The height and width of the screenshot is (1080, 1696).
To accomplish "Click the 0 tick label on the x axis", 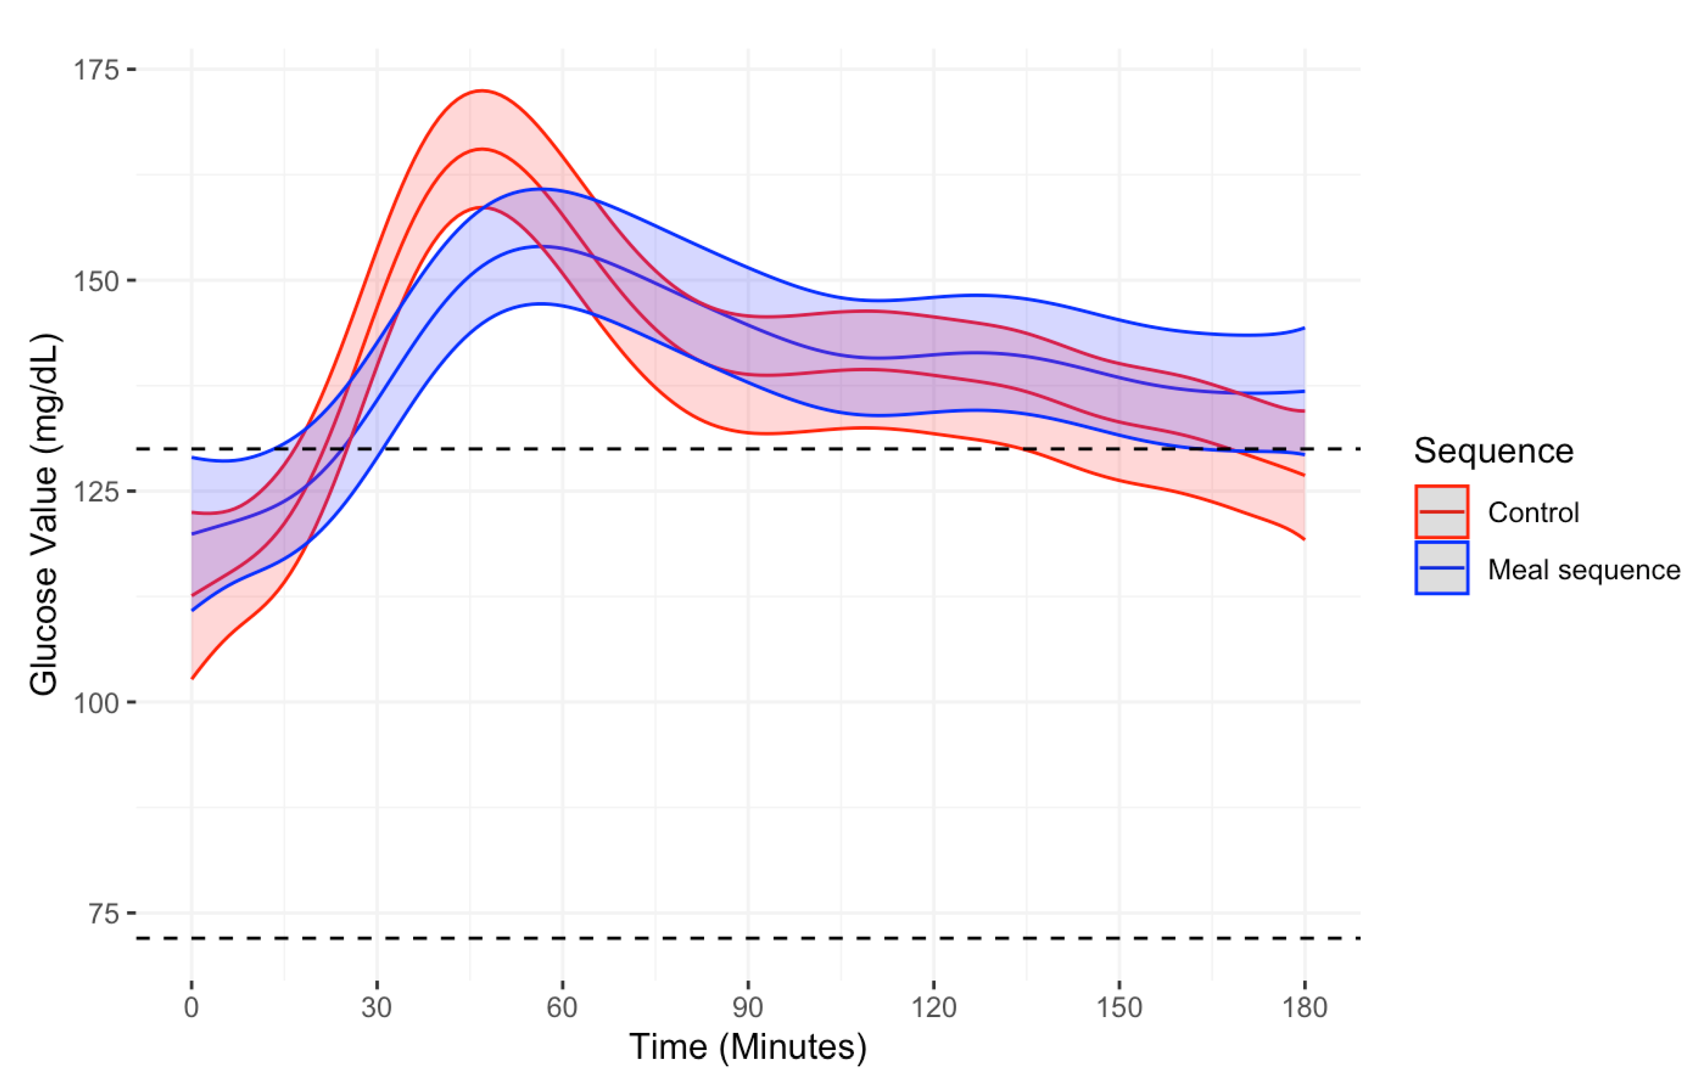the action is click(x=192, y=1007).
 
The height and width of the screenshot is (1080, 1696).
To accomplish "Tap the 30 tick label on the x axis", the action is click(x=377, y=1007).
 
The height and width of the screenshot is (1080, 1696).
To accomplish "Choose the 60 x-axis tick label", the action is click(x=562, y=1007).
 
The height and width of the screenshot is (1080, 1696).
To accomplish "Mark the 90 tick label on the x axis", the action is click(x=748, y=1007).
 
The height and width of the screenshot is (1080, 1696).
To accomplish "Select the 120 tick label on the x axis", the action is click(x=934, y=1007).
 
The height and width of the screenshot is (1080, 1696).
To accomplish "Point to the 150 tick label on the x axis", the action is click(x=1119, y=1007).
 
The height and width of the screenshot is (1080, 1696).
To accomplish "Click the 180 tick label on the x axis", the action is click(x=1305, y=1007).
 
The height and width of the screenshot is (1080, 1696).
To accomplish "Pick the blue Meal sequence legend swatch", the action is click(x=1442, y=568).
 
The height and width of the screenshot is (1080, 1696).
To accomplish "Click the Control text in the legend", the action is click(x=1533, y=512).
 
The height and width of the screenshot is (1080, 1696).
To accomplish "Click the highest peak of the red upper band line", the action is click(x=483, y=91).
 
